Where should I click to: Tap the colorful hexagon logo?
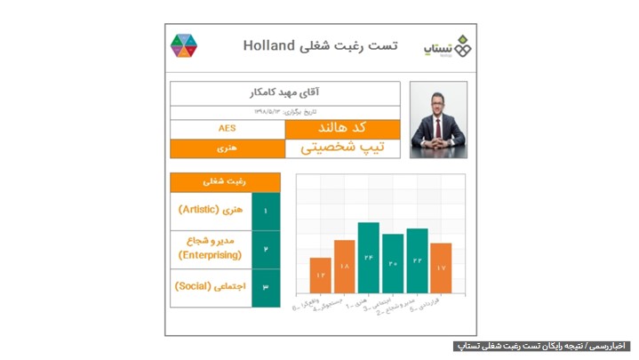[184, 45]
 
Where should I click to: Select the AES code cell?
[228, 129]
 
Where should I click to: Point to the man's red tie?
[437, 134]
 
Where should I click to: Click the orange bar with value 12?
[320, 276]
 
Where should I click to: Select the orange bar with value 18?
[344, 267]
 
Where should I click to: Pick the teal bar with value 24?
[368, 258]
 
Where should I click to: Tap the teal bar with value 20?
[392, 263]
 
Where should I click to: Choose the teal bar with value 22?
[417, 260]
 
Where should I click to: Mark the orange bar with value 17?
[441, 268]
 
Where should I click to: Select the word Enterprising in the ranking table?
[210, 255]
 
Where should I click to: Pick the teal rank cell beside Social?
[266, 287]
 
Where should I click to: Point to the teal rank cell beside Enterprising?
[266, 249]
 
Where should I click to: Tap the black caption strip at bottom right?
[541, 345]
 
